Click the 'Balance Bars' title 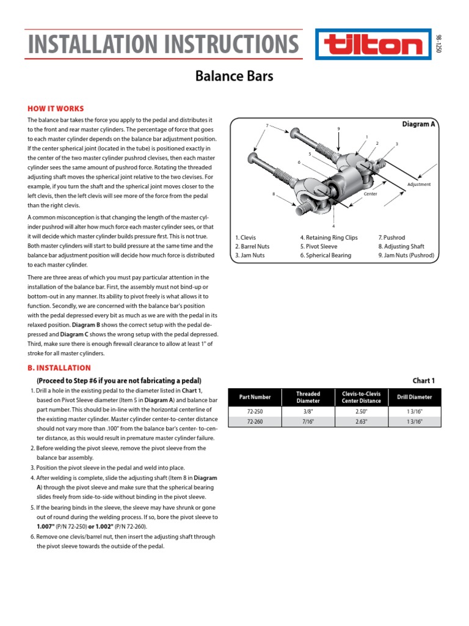point(234,76)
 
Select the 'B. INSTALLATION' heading point(59,368)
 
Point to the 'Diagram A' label point(418,124)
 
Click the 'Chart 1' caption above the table point(424,380)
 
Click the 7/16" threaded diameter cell point(307,422)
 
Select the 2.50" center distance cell point(361,411)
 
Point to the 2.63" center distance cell point(361,422)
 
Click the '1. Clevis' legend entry point(247,237)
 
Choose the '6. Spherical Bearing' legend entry point(325,255)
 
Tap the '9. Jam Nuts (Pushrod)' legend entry point(406,255)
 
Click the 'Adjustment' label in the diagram point(419,184)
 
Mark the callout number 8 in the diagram point(274,194)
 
